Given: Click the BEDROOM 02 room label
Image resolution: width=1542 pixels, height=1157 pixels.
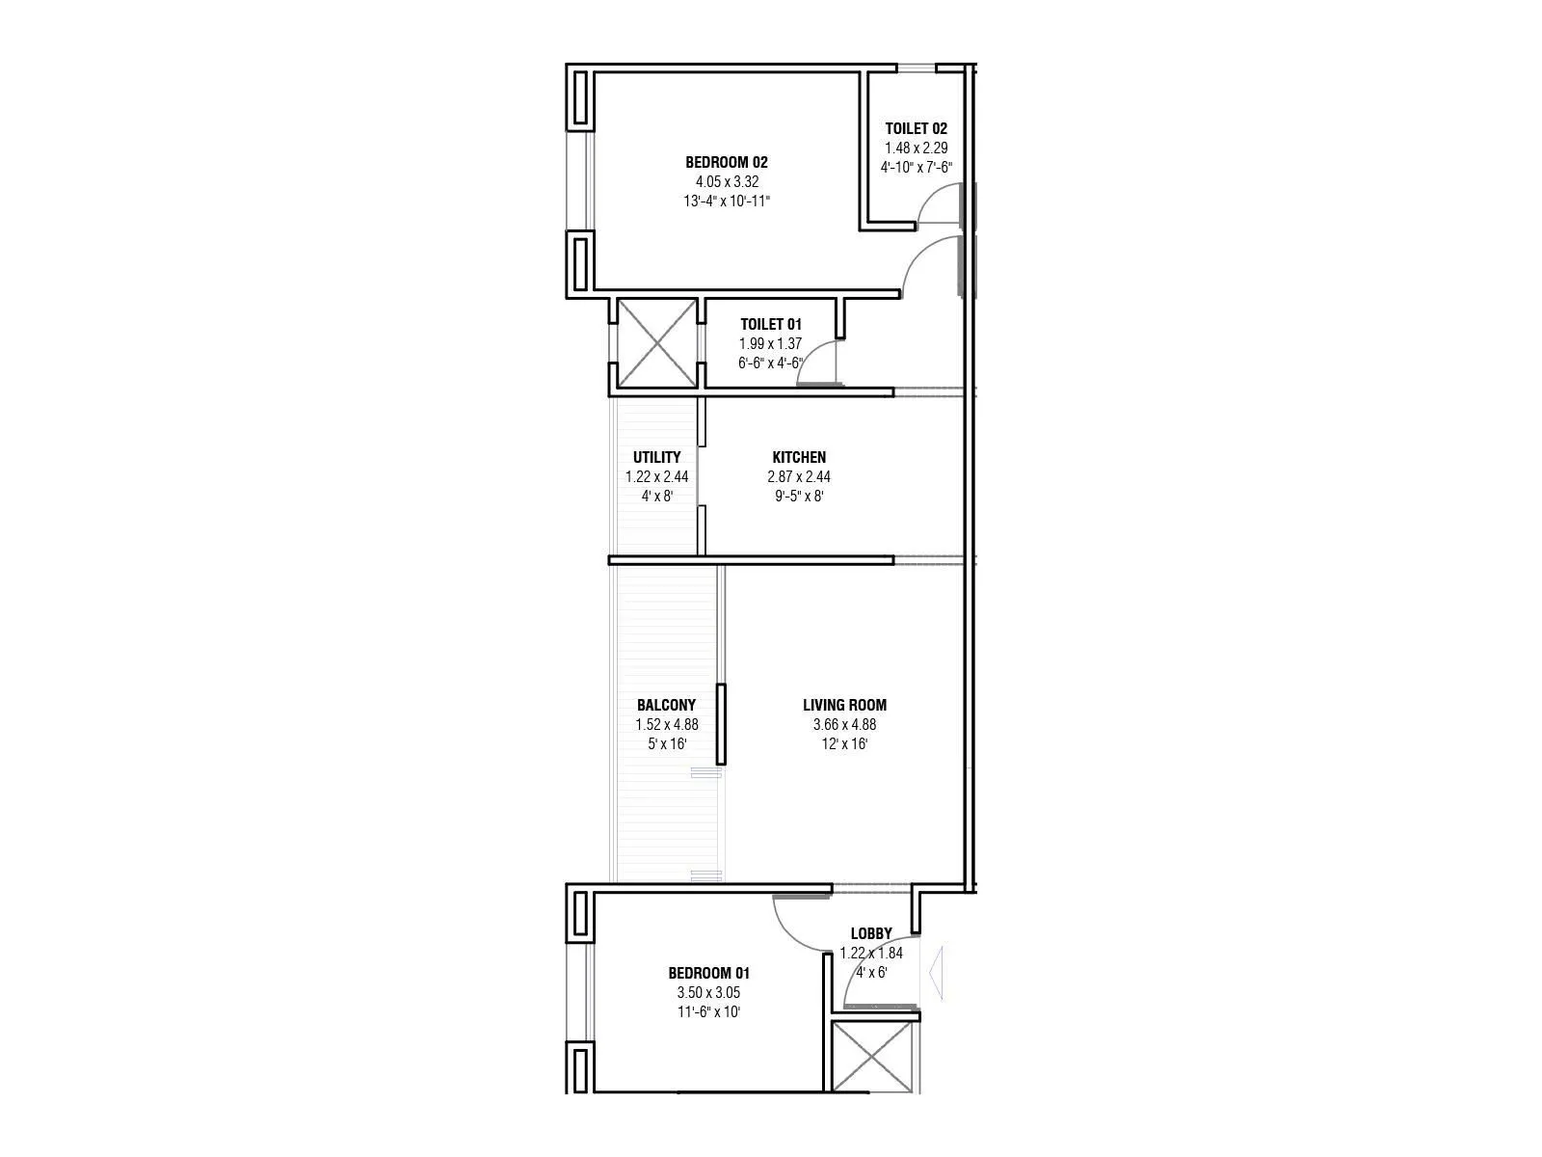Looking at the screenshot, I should [x=726, y=162].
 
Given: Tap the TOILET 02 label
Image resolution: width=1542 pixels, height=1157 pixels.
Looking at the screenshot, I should [x=916, y=128].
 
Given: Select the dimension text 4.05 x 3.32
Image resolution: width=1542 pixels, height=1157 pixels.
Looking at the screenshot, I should [x=726, y=181].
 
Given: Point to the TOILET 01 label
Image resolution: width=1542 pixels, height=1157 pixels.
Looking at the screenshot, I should [x=770, y=324].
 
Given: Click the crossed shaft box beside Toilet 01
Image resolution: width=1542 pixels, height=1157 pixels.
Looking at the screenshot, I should [x=656, y=343].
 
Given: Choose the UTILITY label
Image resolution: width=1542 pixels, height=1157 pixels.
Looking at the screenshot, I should [x=656, y=457].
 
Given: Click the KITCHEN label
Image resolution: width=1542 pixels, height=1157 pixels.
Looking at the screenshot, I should [x=798, y=457].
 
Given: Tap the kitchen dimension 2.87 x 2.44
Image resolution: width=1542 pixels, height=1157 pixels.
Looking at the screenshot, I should [x=798, y=476].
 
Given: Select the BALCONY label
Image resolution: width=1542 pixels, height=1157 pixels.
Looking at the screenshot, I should [x=666, y=705].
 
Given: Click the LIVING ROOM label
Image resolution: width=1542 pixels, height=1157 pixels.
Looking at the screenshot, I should [x=844, y=705].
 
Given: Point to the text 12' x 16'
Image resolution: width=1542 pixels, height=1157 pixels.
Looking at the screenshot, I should [x=844, y=744].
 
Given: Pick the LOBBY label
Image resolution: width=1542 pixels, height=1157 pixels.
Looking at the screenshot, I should [x=870, y=933].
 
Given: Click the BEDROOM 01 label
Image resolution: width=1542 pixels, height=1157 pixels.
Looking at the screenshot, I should [x=708, y=974].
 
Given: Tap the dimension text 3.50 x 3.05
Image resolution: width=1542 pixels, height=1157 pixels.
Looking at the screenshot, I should [x=708, y=993].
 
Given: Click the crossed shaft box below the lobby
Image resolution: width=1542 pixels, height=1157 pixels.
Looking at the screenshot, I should [x=871, y=1057].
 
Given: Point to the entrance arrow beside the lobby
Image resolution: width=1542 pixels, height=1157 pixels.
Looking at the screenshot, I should [x=934, y=975].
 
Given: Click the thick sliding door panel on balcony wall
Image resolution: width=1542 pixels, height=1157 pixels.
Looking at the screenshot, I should [x=720, y=724].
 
